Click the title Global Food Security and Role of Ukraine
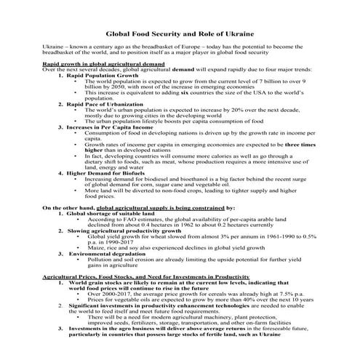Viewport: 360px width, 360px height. point(180,33)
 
